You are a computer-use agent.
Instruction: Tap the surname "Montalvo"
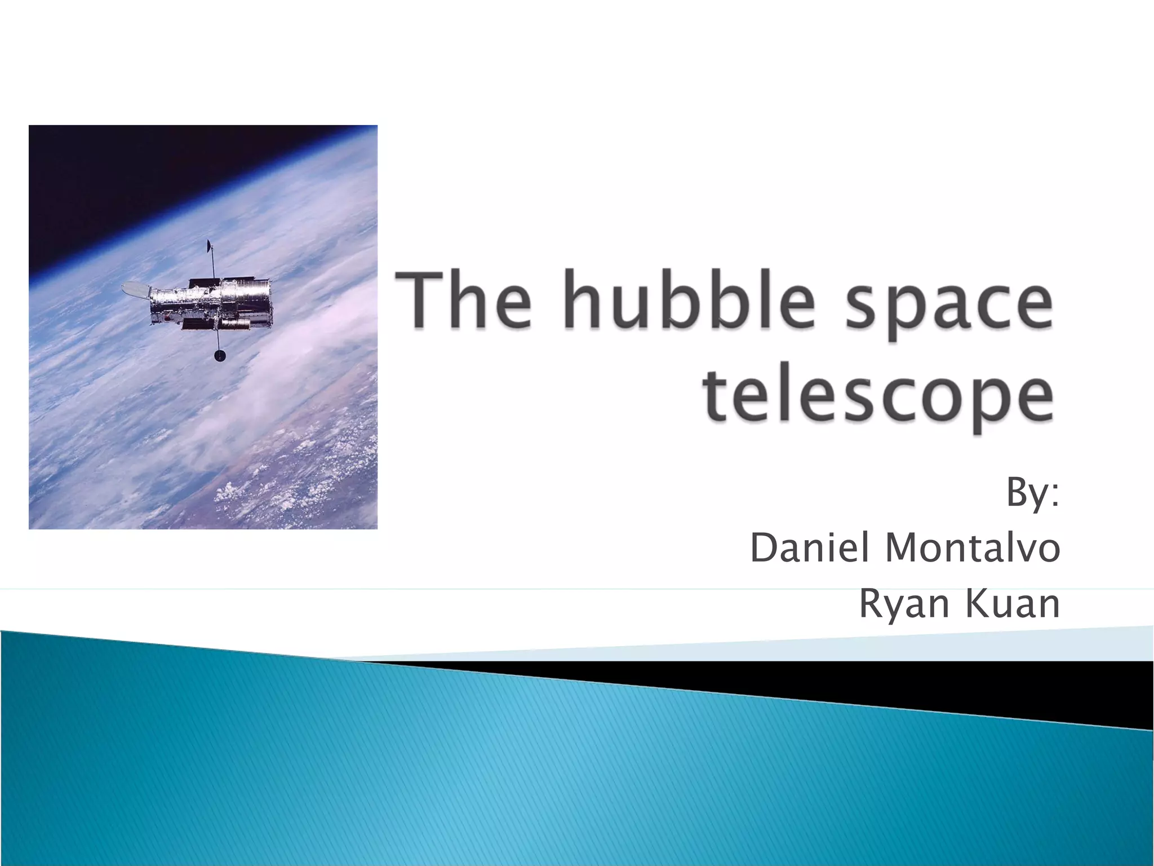pos(973,548)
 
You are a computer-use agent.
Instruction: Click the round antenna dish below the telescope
pos(219,355)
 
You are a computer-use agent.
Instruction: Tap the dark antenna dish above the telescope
pos(209,246)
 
